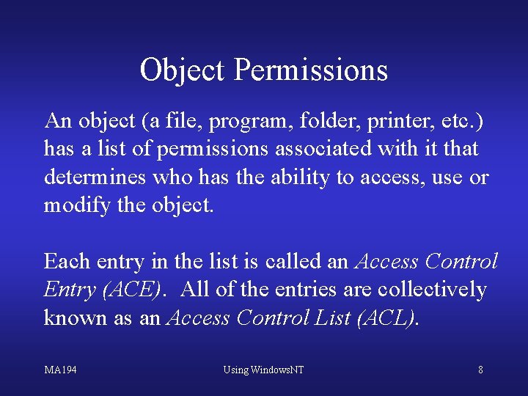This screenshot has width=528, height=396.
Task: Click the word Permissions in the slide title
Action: pos(311,70)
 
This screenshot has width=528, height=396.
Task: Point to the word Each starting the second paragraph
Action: pos(64,262)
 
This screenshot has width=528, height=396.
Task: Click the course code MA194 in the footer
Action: pos(61,370)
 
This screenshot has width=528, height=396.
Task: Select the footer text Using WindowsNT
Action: pos(263,370)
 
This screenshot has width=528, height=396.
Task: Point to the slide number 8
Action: pos(480,370)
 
